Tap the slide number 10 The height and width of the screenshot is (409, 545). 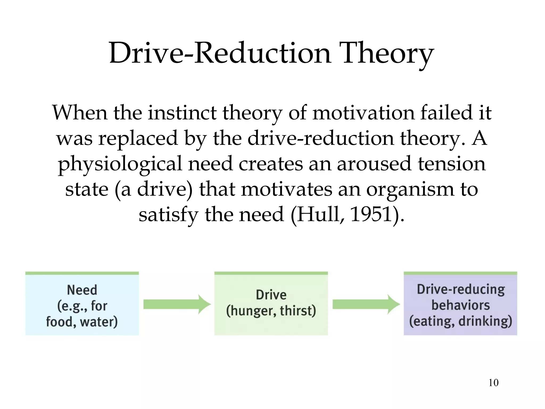pyautogui.click(x=493, y=383)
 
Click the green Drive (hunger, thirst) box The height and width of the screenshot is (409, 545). pyautogui.click(x=271, y=304)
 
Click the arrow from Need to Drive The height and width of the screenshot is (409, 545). pyautogui.click(x=177, y=304)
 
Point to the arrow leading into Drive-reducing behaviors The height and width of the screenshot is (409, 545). pyautogui.click(x=366, y=304)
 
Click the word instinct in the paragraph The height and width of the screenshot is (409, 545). pyautogui.click(x=182, y=112)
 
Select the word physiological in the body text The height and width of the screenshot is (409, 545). pyautogui.click(x=120, y=164)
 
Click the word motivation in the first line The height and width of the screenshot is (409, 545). pyautogui.click(x=363, y=112)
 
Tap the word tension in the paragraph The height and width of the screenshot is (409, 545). pyautogui.click(x=452, y=164)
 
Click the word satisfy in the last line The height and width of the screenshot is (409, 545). pyautogui.click(x=168, y=215)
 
